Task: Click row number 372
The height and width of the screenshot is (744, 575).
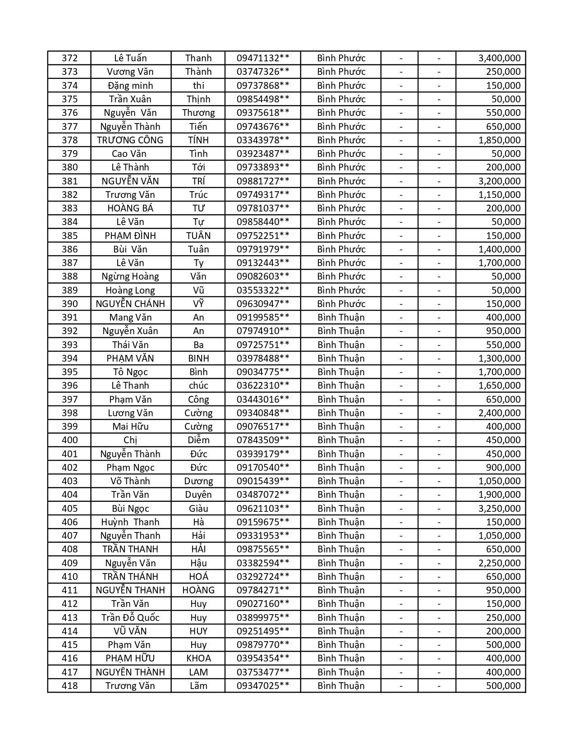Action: click(x=69, y=58)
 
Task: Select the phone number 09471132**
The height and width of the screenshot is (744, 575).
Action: click(x=262, y=58)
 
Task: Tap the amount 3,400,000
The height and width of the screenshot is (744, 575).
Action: click(x=499, y=58)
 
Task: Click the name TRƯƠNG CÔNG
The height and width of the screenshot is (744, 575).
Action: click(x=130, y=140)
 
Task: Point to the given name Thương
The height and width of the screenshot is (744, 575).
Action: click(x=198, y=113)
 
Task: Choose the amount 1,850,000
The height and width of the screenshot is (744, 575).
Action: click(x=499, y=140)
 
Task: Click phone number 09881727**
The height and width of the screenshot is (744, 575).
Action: click(x=262, y=181)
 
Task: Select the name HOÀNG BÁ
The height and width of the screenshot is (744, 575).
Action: click(x=130, y=208)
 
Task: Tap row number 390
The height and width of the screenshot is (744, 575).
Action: click(x=69, y=304)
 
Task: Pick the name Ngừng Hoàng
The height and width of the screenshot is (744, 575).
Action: click(x=130, y=276)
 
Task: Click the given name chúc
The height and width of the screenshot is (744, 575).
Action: click(x=198, y=386)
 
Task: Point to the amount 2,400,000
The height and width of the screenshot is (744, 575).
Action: click(x=499, y=413)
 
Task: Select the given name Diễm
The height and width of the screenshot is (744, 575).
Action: click(x=198, y=440)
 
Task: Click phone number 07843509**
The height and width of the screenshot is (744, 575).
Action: click(x=262, y=440)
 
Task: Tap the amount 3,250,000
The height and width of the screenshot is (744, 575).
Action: click(x=499, y=509)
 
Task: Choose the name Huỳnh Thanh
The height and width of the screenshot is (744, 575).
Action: click(x=130, y=522)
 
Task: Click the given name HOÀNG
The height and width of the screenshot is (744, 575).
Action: click(x=198, y=590)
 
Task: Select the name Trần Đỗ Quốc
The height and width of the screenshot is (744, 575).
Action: click(x=130, y=618)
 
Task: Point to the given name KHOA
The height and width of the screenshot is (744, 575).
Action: click(x=198, y=658)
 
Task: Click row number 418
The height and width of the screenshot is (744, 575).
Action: click(x=69, y=686)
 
